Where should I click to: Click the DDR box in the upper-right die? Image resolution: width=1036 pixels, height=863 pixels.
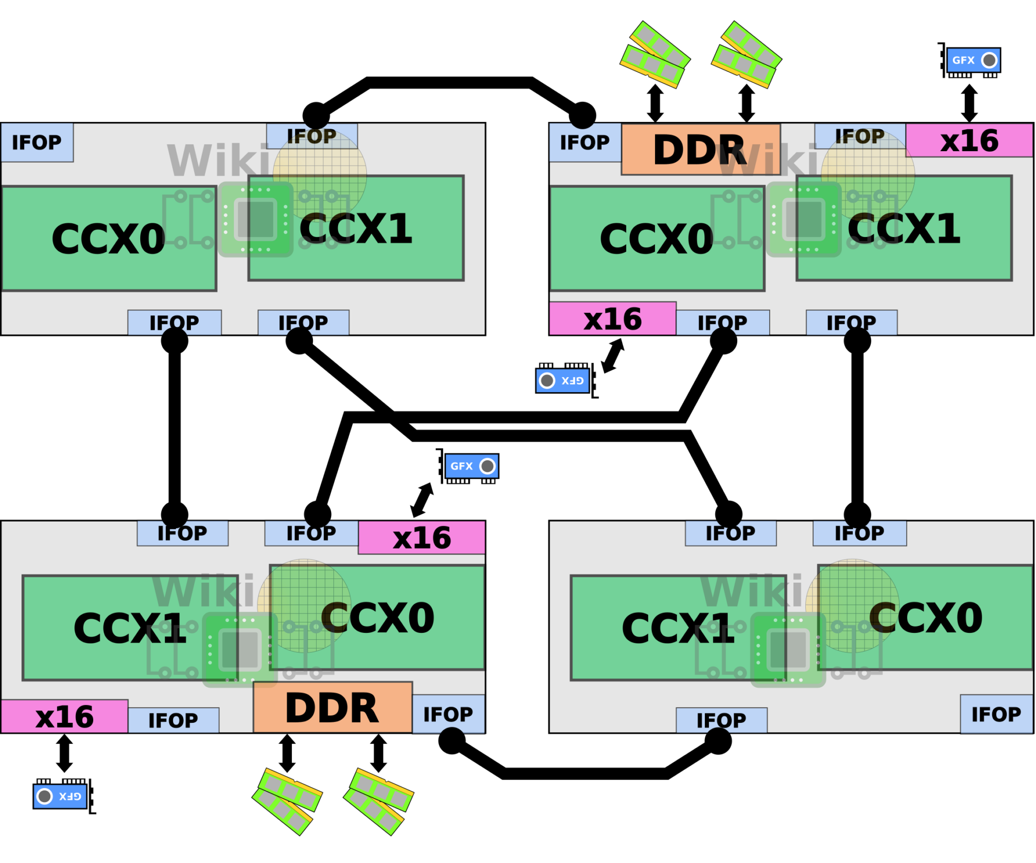[701, 150]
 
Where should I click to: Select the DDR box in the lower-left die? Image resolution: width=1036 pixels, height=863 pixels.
[333, 707]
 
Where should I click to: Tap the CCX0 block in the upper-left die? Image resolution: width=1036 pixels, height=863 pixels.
[109, 239]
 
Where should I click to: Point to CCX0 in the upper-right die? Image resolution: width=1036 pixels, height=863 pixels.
[657, 239]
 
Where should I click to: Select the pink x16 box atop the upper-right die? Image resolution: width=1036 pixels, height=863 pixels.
[969, 140]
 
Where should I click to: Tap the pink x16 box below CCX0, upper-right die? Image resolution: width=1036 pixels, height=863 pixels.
[613, 318]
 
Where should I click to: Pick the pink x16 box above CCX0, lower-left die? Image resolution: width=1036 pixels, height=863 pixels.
[422, 537]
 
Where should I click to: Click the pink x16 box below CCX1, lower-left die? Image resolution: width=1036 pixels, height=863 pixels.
[64, 716]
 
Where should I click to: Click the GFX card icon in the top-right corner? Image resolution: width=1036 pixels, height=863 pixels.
[973, 61]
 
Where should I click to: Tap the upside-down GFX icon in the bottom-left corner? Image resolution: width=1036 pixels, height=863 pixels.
[60, 796]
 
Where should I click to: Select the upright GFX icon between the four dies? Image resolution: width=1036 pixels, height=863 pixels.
[471, 466]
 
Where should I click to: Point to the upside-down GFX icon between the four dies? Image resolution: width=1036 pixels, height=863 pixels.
[562, 380]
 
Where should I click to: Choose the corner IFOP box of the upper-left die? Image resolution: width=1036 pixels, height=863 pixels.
[37, 142]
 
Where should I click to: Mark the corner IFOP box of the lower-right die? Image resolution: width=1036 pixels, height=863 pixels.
[996, 714]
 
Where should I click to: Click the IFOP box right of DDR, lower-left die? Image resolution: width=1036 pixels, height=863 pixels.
[448, 714]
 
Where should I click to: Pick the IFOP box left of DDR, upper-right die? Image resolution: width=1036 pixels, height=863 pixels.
[585, 142]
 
